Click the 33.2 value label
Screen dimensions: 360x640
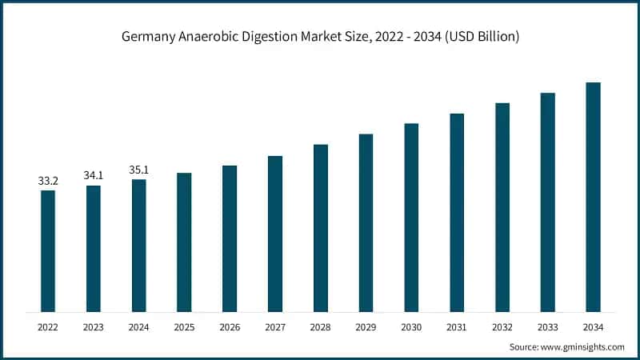click(x=48, y=182)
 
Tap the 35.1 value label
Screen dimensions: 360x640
click(x=139, y=170)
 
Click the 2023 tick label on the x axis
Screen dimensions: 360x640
click(x=94, y=326)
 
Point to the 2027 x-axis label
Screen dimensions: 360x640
click(x=275, y=326)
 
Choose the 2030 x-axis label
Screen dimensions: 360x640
click(x=411, y=326)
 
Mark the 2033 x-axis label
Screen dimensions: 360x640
click(x=547, y=326)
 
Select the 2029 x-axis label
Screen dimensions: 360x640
click(x=366, y=326)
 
